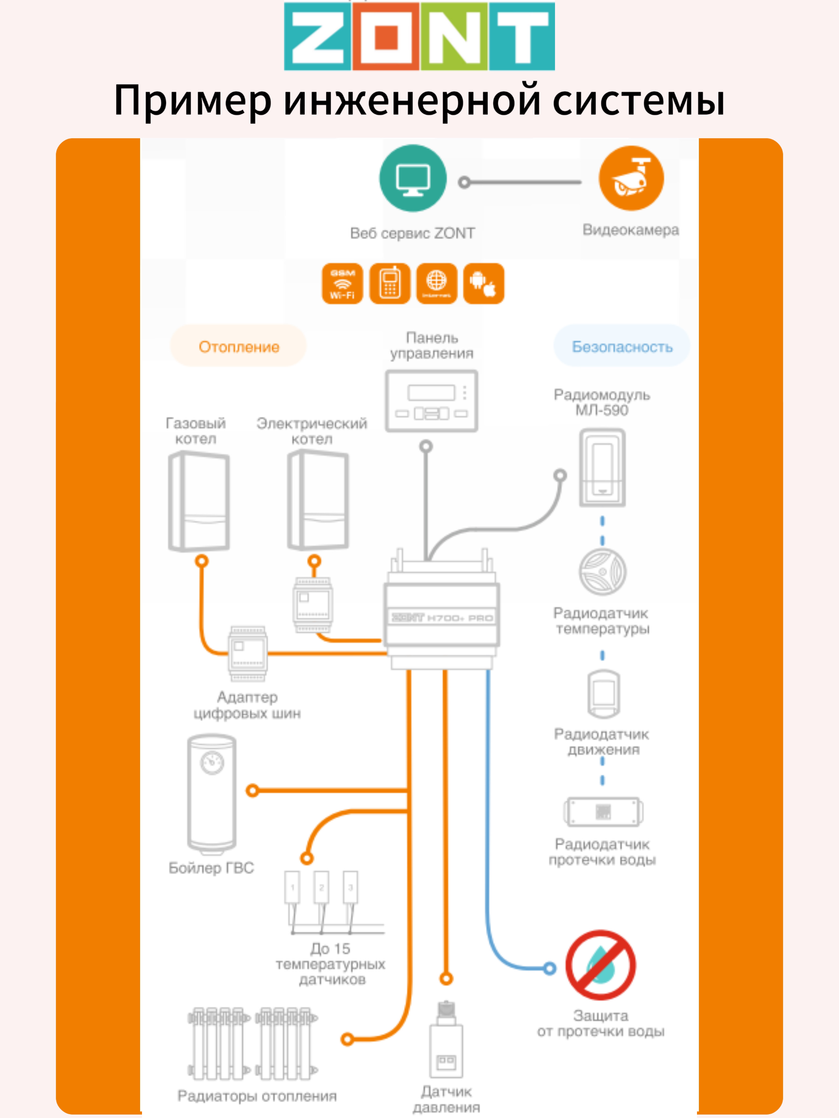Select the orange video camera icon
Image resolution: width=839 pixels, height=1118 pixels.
coord(631,179)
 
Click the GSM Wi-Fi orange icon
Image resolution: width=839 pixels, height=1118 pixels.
coord(342,284)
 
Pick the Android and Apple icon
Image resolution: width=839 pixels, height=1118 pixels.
coord(483,284)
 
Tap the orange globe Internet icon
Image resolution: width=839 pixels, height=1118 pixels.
coord(436,284)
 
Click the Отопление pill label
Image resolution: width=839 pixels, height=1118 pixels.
coord(239,347)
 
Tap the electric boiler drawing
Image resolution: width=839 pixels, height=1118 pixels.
coord(318,500)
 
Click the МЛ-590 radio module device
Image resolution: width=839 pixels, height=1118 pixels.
coord(602,468)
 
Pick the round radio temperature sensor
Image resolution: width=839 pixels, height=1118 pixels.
coord(602,572)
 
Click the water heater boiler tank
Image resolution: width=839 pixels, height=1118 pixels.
coord(211,793)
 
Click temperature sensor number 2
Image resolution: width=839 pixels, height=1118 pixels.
coord(321,888)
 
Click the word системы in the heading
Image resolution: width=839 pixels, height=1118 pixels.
coord(638,100)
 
